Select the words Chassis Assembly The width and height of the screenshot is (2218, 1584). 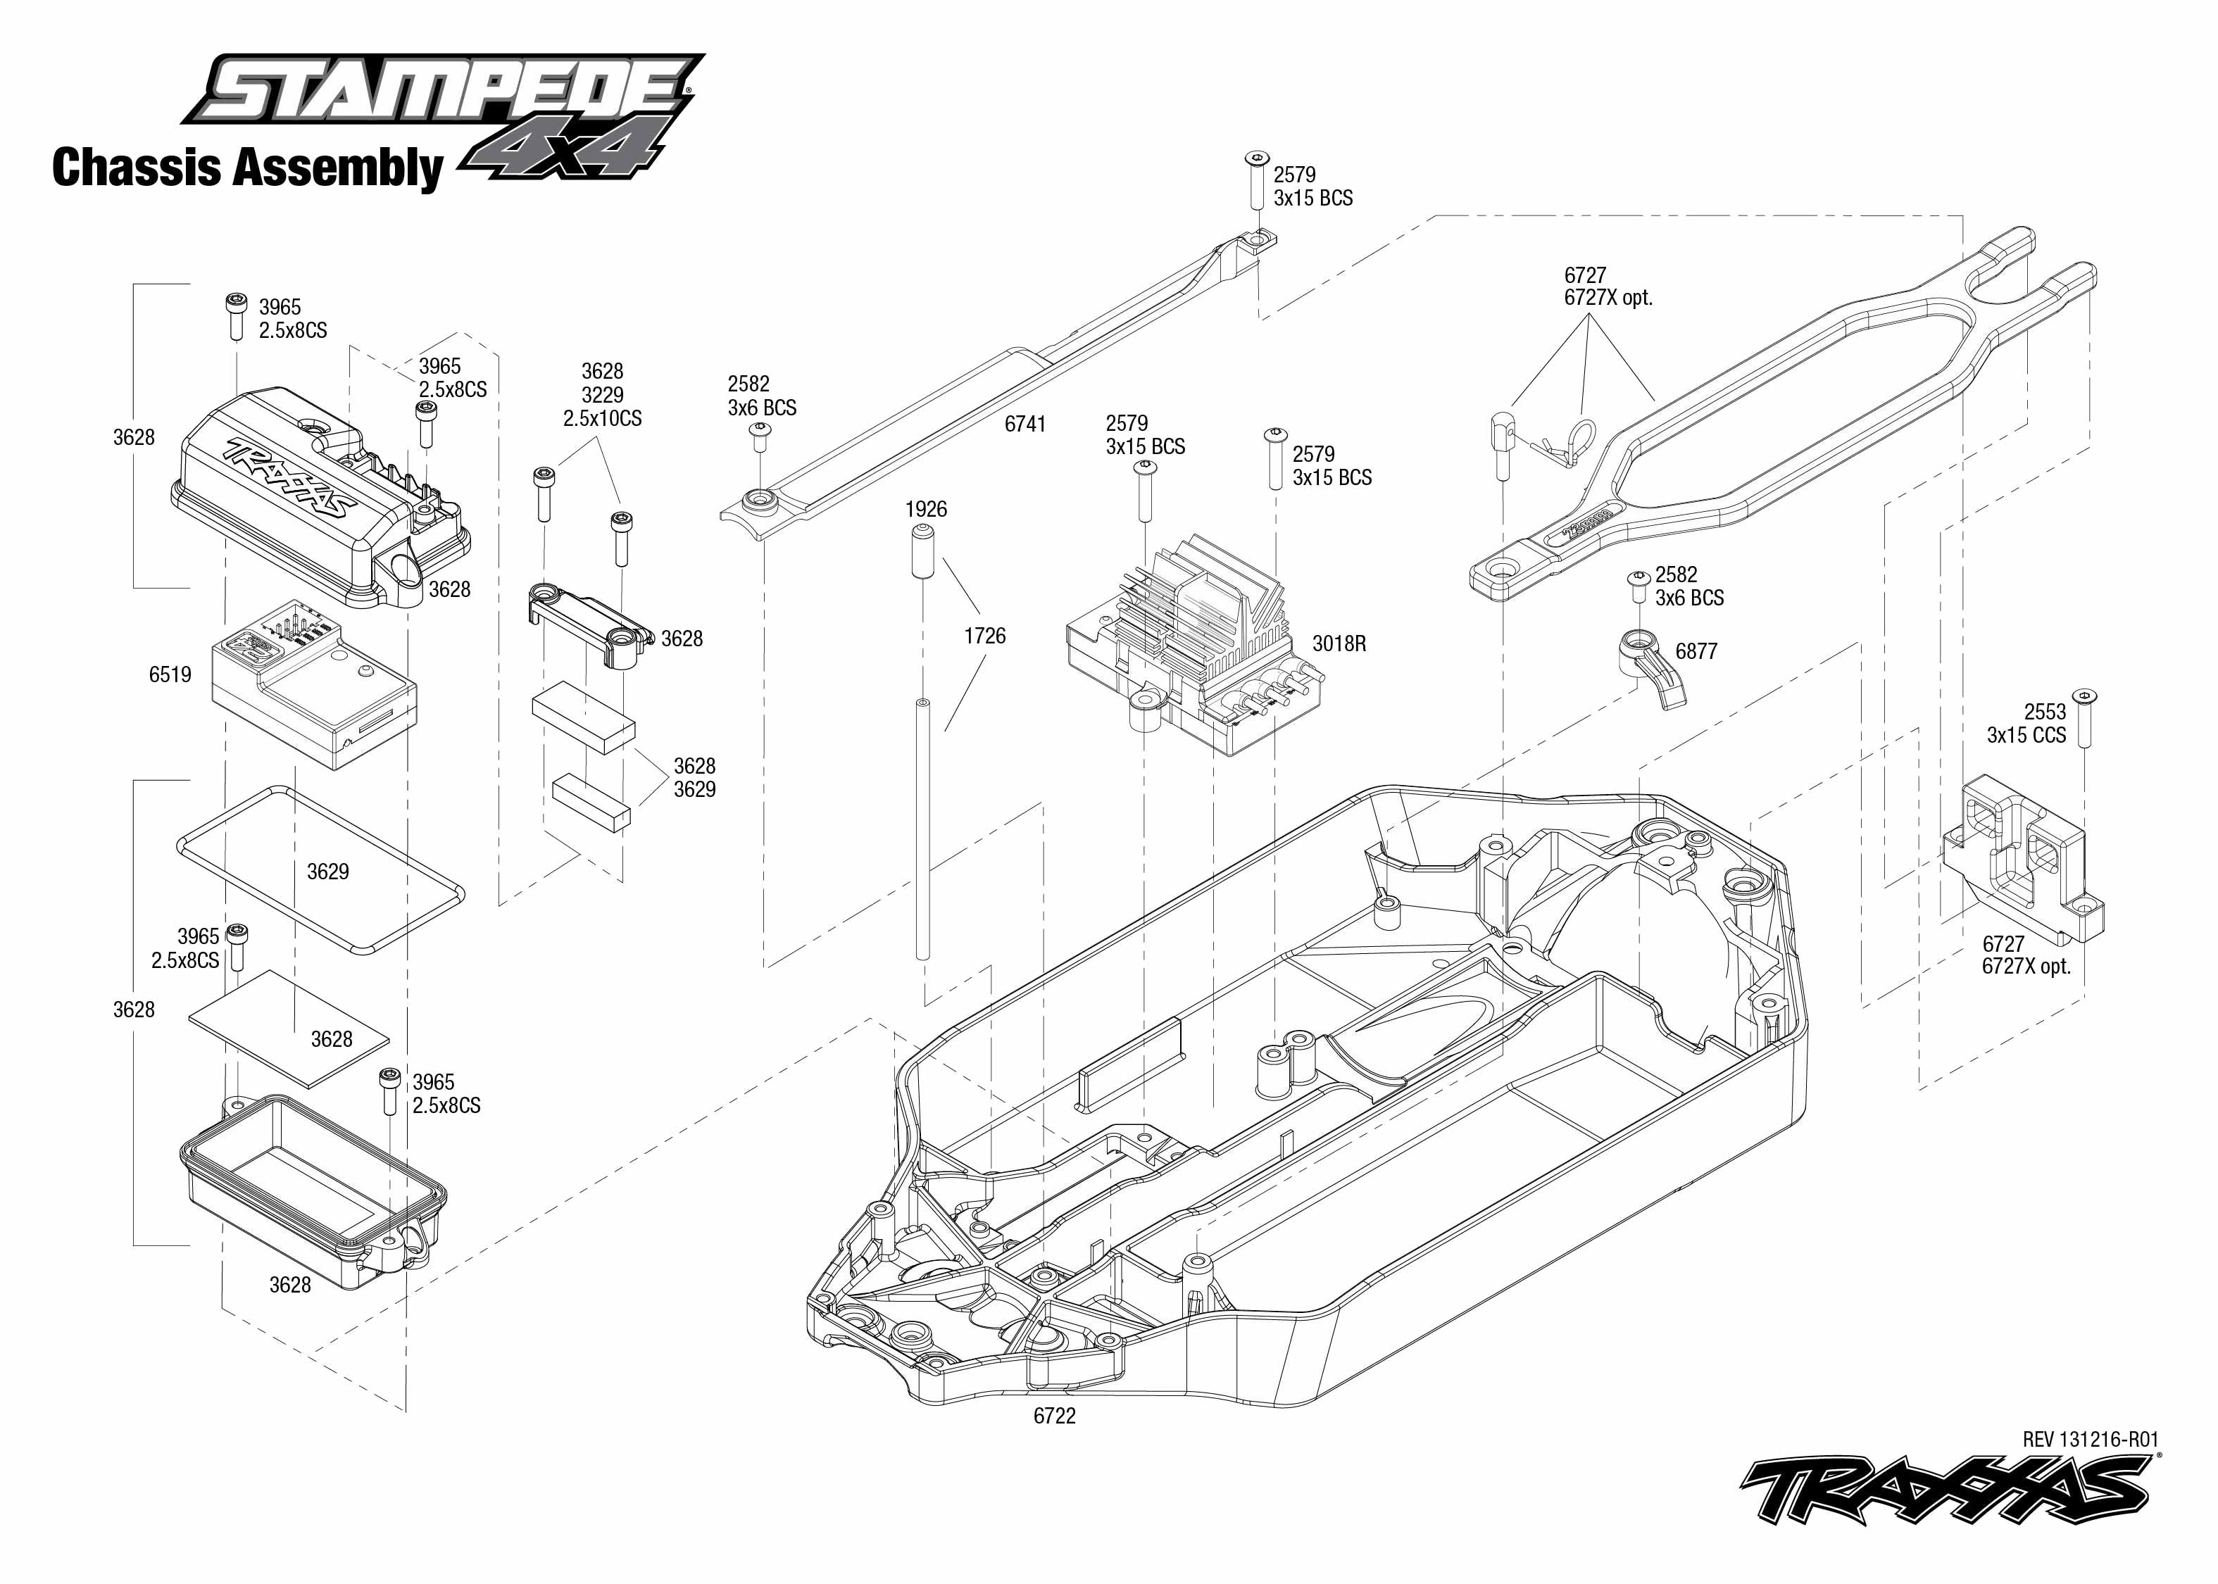(246, 167)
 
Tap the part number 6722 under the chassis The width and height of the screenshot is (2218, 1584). (1054, 1415)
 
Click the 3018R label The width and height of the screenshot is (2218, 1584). (1339, 643)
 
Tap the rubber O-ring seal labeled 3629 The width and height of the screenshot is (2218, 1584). (320, 868)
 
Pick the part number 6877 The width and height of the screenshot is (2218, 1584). (1696, 651)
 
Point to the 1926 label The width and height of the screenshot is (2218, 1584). (926, 509)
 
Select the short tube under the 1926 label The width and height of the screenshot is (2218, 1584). (922, 551)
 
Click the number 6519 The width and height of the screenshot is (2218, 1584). (170, 674)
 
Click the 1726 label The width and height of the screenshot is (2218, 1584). (984, 636)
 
